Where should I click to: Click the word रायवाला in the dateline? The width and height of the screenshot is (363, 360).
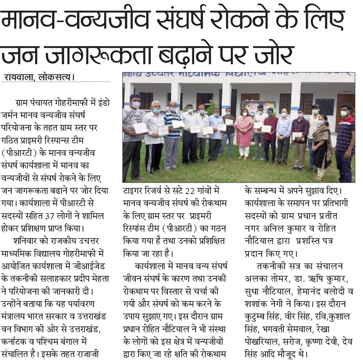click(x=19, y=77)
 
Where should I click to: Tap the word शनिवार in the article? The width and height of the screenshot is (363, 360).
click(x=28, y=240)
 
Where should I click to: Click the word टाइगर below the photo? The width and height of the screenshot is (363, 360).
click(x=134, y=191)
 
